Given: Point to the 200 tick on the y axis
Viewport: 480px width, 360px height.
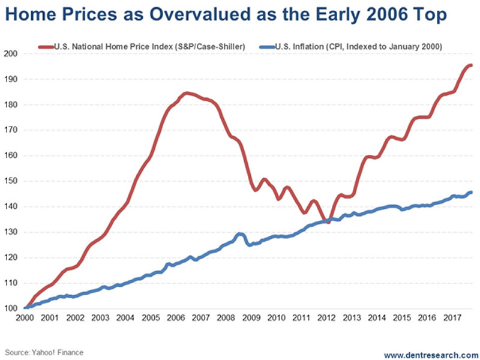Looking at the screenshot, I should coord(13,54).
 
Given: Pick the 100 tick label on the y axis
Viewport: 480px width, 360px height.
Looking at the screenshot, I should coord(13,308).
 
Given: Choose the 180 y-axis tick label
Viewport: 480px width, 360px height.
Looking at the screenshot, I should coord(13,105).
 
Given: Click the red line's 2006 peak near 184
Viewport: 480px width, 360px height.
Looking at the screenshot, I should coord(186,93).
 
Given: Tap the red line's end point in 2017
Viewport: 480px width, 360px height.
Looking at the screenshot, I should coord(471,65).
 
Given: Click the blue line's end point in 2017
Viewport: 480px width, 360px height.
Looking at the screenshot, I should coord(471,192).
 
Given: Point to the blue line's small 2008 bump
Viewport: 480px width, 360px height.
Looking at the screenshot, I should coord(239,234).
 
